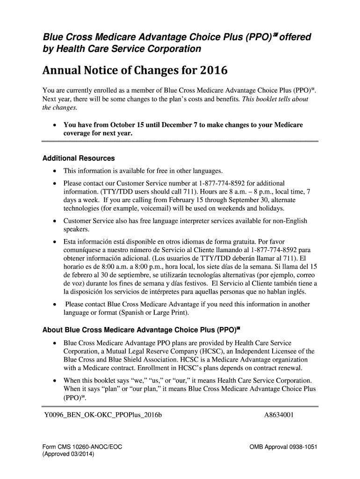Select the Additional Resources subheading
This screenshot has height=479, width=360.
(79, 158)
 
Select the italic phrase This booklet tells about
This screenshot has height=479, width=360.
(274, 100)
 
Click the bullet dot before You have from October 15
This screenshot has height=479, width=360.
(55, 125)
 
